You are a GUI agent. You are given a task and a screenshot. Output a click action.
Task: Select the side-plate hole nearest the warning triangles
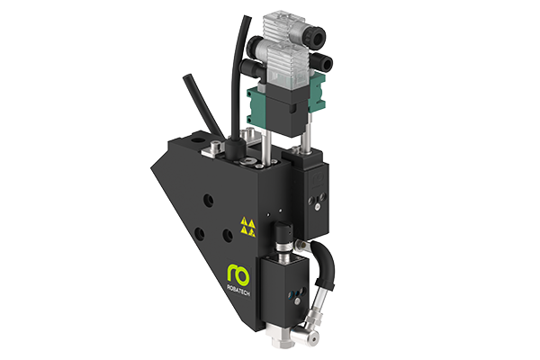[228, 235]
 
